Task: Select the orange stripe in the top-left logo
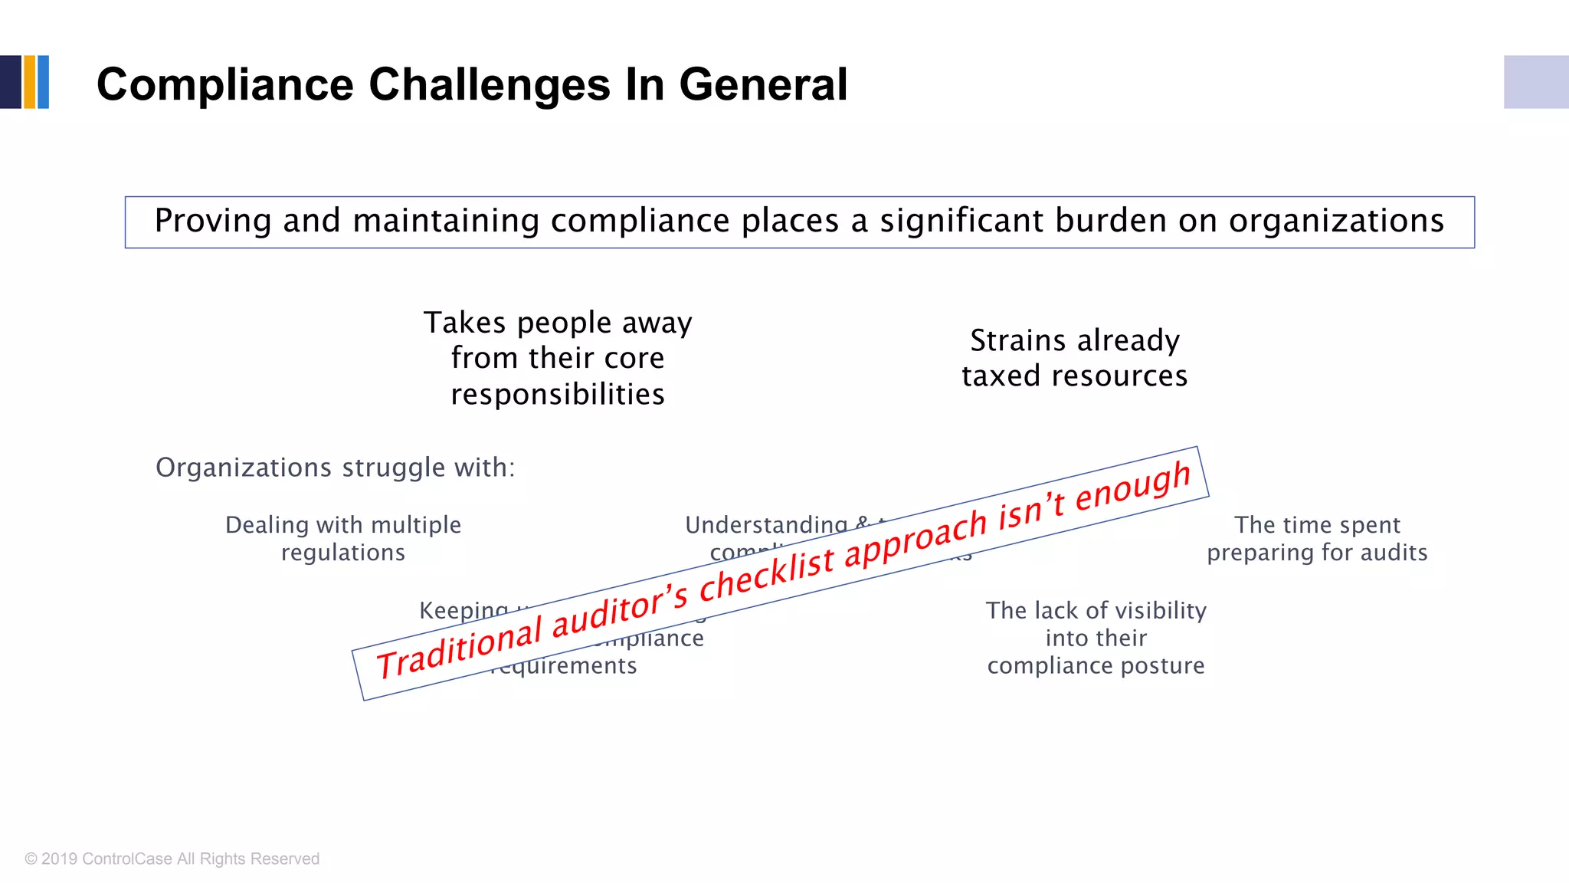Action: tap(30, 82)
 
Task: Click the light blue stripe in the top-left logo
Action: tap(44, 82)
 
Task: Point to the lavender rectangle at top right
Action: tap(1535, 82)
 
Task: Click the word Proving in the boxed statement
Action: tap(213, 222)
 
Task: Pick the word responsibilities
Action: tap(558, 394)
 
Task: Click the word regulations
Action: tap(343, 553)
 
